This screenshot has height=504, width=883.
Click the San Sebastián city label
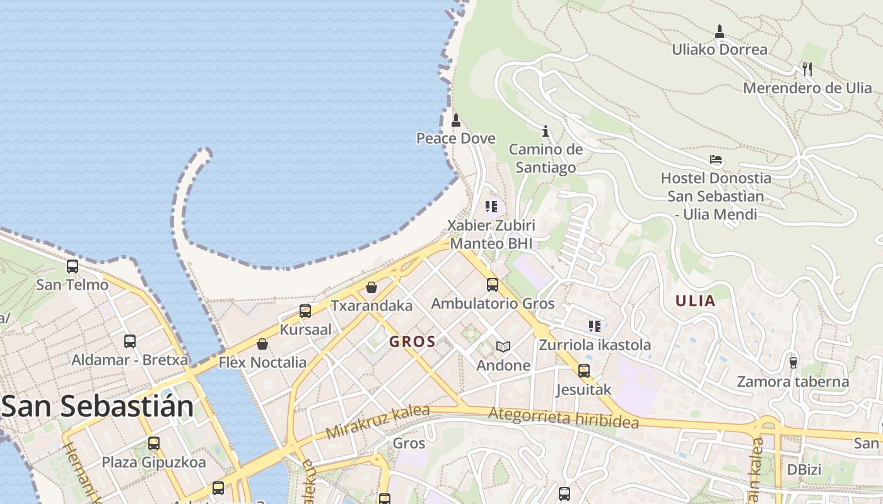tap(98, 406)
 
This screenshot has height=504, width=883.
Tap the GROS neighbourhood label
tap(412, 342)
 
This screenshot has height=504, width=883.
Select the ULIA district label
tap(696, 301)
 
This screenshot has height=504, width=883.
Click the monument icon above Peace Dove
tap(456, 120)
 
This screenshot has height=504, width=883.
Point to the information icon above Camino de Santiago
tap(546, 131)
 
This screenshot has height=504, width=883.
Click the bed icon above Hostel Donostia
tap(715, 159)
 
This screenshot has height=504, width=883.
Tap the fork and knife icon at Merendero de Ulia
tap(807, 69)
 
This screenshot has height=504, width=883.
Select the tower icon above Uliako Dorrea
tap(720, 31)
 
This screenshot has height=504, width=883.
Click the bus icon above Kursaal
tap(305, 311)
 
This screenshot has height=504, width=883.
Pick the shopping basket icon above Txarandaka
tap(371, 287)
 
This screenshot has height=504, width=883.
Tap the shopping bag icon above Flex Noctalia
tap(262, 344)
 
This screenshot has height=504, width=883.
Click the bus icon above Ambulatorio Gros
tap(493, 285)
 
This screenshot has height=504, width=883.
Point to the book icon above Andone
tap(503, 346)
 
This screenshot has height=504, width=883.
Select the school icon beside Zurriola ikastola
tap(595, 326)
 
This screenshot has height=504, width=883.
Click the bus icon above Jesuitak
tap(584, 370)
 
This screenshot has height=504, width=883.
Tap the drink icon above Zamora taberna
tap(793, 362)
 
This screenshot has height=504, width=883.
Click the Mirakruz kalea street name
tap(378, 422)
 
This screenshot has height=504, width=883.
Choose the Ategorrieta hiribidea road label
tap(563, 418)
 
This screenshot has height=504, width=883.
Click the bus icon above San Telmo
tap(73, 266)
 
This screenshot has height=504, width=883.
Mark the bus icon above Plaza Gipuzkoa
tap(154, 443)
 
